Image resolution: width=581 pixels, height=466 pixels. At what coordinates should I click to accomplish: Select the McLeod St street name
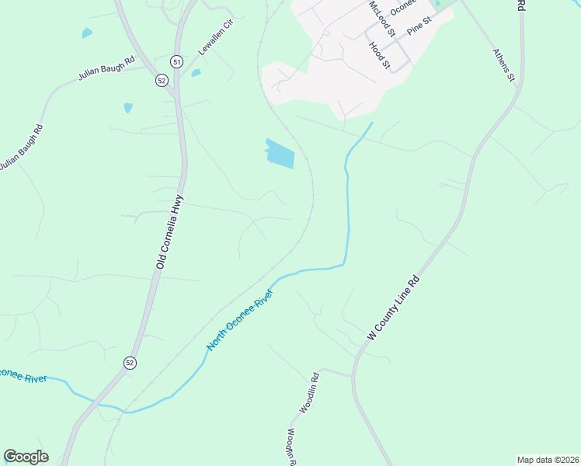point(382,18)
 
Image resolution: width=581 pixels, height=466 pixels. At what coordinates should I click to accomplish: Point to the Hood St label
point(379,57)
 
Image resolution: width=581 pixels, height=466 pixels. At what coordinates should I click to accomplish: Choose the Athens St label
point(504,65)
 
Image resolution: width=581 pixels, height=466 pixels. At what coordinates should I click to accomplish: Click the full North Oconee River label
point(241,319)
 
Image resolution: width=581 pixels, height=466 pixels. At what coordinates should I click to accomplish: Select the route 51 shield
point(177,62)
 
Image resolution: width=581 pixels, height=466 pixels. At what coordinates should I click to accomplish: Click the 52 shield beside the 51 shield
point(162,80)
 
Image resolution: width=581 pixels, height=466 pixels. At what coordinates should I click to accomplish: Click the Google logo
point(26,457)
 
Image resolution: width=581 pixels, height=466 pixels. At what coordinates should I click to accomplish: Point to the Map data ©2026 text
point(548,460)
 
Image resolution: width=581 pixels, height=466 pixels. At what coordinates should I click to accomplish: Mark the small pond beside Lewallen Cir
point(196,73)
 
